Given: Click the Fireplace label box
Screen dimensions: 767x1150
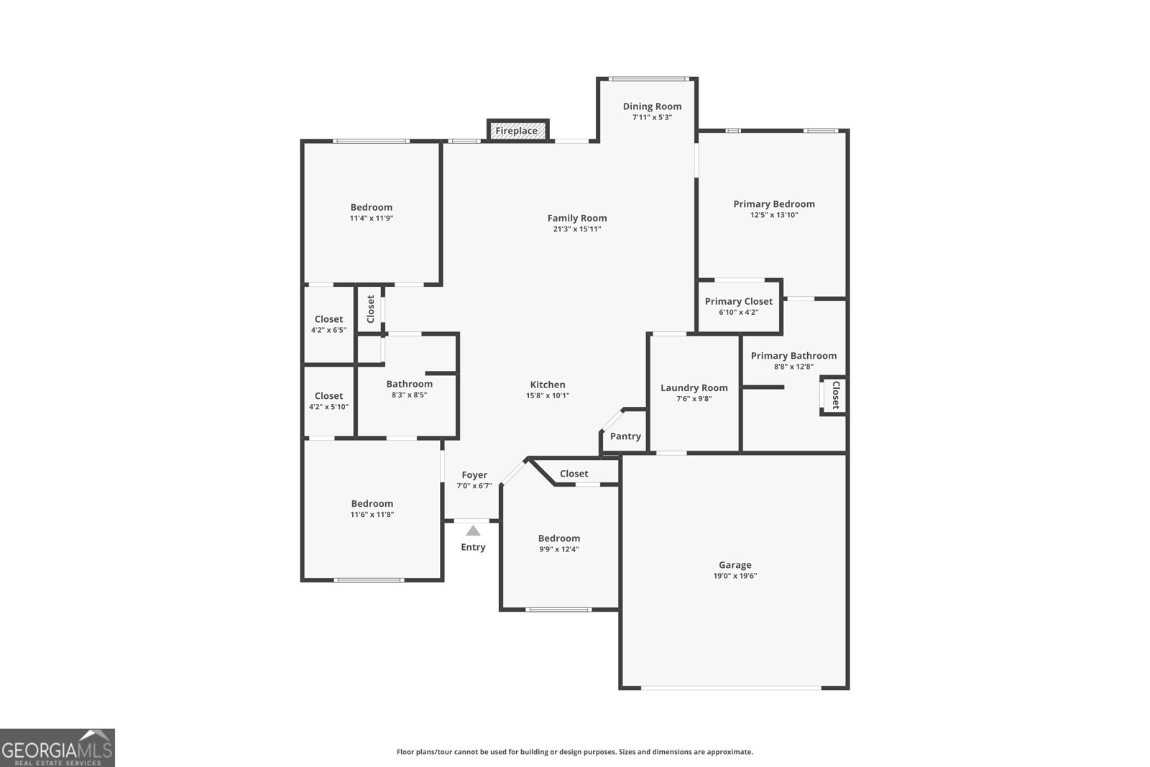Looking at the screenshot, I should point(517,131).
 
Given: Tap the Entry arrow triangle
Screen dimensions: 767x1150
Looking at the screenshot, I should point(473,531).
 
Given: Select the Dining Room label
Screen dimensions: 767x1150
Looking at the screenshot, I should point(652,106).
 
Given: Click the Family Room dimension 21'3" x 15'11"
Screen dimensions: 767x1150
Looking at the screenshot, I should point(576,229).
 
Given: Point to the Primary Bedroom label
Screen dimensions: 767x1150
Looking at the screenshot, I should point(773,204).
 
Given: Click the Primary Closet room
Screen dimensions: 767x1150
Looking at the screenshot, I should point(739,306).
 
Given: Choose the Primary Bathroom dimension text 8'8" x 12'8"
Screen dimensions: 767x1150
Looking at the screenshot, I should point(793,367).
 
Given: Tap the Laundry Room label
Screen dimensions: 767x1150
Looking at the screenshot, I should point(694,388).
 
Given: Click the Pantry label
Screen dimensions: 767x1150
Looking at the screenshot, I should point(625,436).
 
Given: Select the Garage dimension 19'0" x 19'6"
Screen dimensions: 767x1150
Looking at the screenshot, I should point(735,576).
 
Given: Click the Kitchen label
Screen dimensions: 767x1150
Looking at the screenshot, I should point(548,385).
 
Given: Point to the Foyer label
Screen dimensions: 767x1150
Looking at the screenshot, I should point(474,475).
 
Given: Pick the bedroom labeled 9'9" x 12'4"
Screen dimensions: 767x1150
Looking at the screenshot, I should point(559,543).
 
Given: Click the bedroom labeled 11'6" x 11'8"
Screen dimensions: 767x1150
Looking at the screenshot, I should point(372,508).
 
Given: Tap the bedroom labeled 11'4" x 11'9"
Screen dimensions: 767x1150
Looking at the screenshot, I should point(371,212).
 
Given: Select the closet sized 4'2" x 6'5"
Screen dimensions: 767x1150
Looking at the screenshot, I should point(328,324).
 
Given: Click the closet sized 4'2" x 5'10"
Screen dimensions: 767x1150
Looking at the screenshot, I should point(328,401).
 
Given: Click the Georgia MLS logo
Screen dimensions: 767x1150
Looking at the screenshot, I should point(57,748).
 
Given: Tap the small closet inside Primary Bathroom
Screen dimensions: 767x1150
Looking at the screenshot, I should point(834,395).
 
